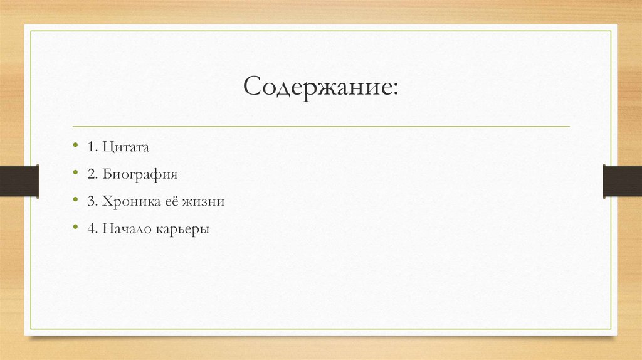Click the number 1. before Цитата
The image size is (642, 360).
(x=93, y=147)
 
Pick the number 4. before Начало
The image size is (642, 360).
(x=93, y=229)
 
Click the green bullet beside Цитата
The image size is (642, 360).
(x=75, y=146)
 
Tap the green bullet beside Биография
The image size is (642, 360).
(x=75, y=174)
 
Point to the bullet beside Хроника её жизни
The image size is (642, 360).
(x=75, y=201)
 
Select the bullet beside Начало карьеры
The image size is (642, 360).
(x=75, y=228)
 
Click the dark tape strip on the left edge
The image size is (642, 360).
(x=19, y=181)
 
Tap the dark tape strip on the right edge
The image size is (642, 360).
(x=622, y=181)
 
